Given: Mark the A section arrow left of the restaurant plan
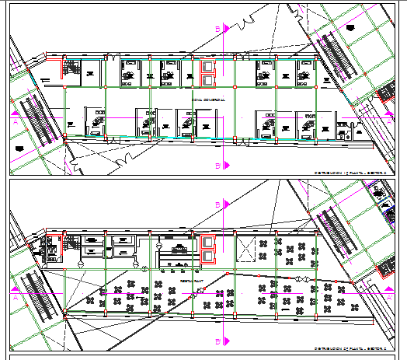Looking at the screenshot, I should (16, 296).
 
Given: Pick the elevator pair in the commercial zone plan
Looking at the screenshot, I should (208, 73).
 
